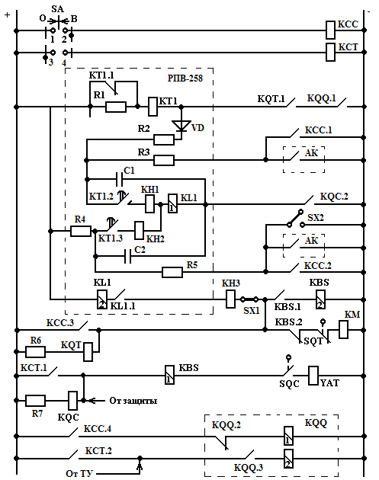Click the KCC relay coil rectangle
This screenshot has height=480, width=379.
pos(330,30)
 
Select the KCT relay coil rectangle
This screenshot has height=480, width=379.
pos(330,53)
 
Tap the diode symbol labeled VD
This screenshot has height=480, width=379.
pos(181,126)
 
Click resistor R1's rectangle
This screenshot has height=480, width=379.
pos(115,107)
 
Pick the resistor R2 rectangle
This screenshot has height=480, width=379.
pos(164,139)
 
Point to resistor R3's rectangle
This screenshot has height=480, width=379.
pos(164,160)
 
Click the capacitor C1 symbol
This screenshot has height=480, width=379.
pos(119,179)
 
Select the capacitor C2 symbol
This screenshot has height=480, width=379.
pos(128,256)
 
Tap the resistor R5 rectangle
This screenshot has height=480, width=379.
pos(172,272)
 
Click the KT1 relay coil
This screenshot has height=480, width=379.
pos(153,107)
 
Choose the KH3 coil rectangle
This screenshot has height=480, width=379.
pos(230,299)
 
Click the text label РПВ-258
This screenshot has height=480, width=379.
pos(185,78)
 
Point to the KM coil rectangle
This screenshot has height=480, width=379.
pos(343,329)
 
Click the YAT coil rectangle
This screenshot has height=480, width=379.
pos(313,376)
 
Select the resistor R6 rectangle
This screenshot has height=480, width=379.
pos(35,352)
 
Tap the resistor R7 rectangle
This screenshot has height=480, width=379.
pos(35,401)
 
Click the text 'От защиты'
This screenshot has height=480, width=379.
pos(133,401)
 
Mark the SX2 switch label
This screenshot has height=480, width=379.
pos(316,218)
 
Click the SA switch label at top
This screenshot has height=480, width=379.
pos(57,9)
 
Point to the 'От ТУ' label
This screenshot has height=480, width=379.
pos(79,473)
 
